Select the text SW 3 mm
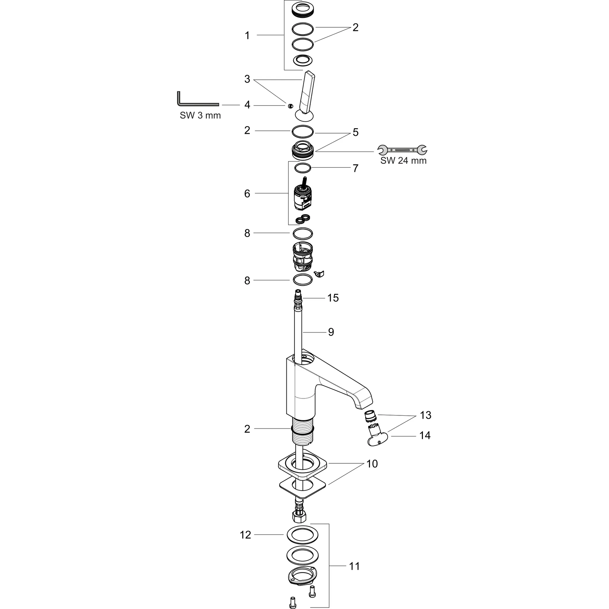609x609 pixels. pyautogui.click(x=200, y=116)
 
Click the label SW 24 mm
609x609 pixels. pyautogui.click(x=403, y=161)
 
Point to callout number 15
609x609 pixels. pyautogui.click(x=333, y=298)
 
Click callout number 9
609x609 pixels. pyautogui.click(x=331, y=332)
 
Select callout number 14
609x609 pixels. pyautogui.click(x=425, y=435)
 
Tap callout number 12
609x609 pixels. pyautogui.click(x=245, y=535)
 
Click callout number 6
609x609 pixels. pyautogui.click(x=247, y=194)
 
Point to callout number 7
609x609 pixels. pyautogui.click(x=356, y=168)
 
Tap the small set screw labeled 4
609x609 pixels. pyautogui.click(x=291, y=106)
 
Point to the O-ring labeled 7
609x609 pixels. pyautogui.click(x=303, y=168)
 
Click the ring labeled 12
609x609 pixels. pyautogui.click(x=303, y=535)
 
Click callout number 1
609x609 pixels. pyautogui.click(x=247, y=36)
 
